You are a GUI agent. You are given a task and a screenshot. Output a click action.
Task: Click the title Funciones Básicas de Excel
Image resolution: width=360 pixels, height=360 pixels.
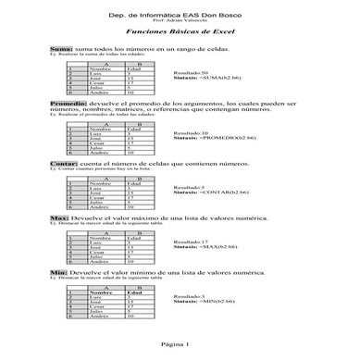tap(180, 31)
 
